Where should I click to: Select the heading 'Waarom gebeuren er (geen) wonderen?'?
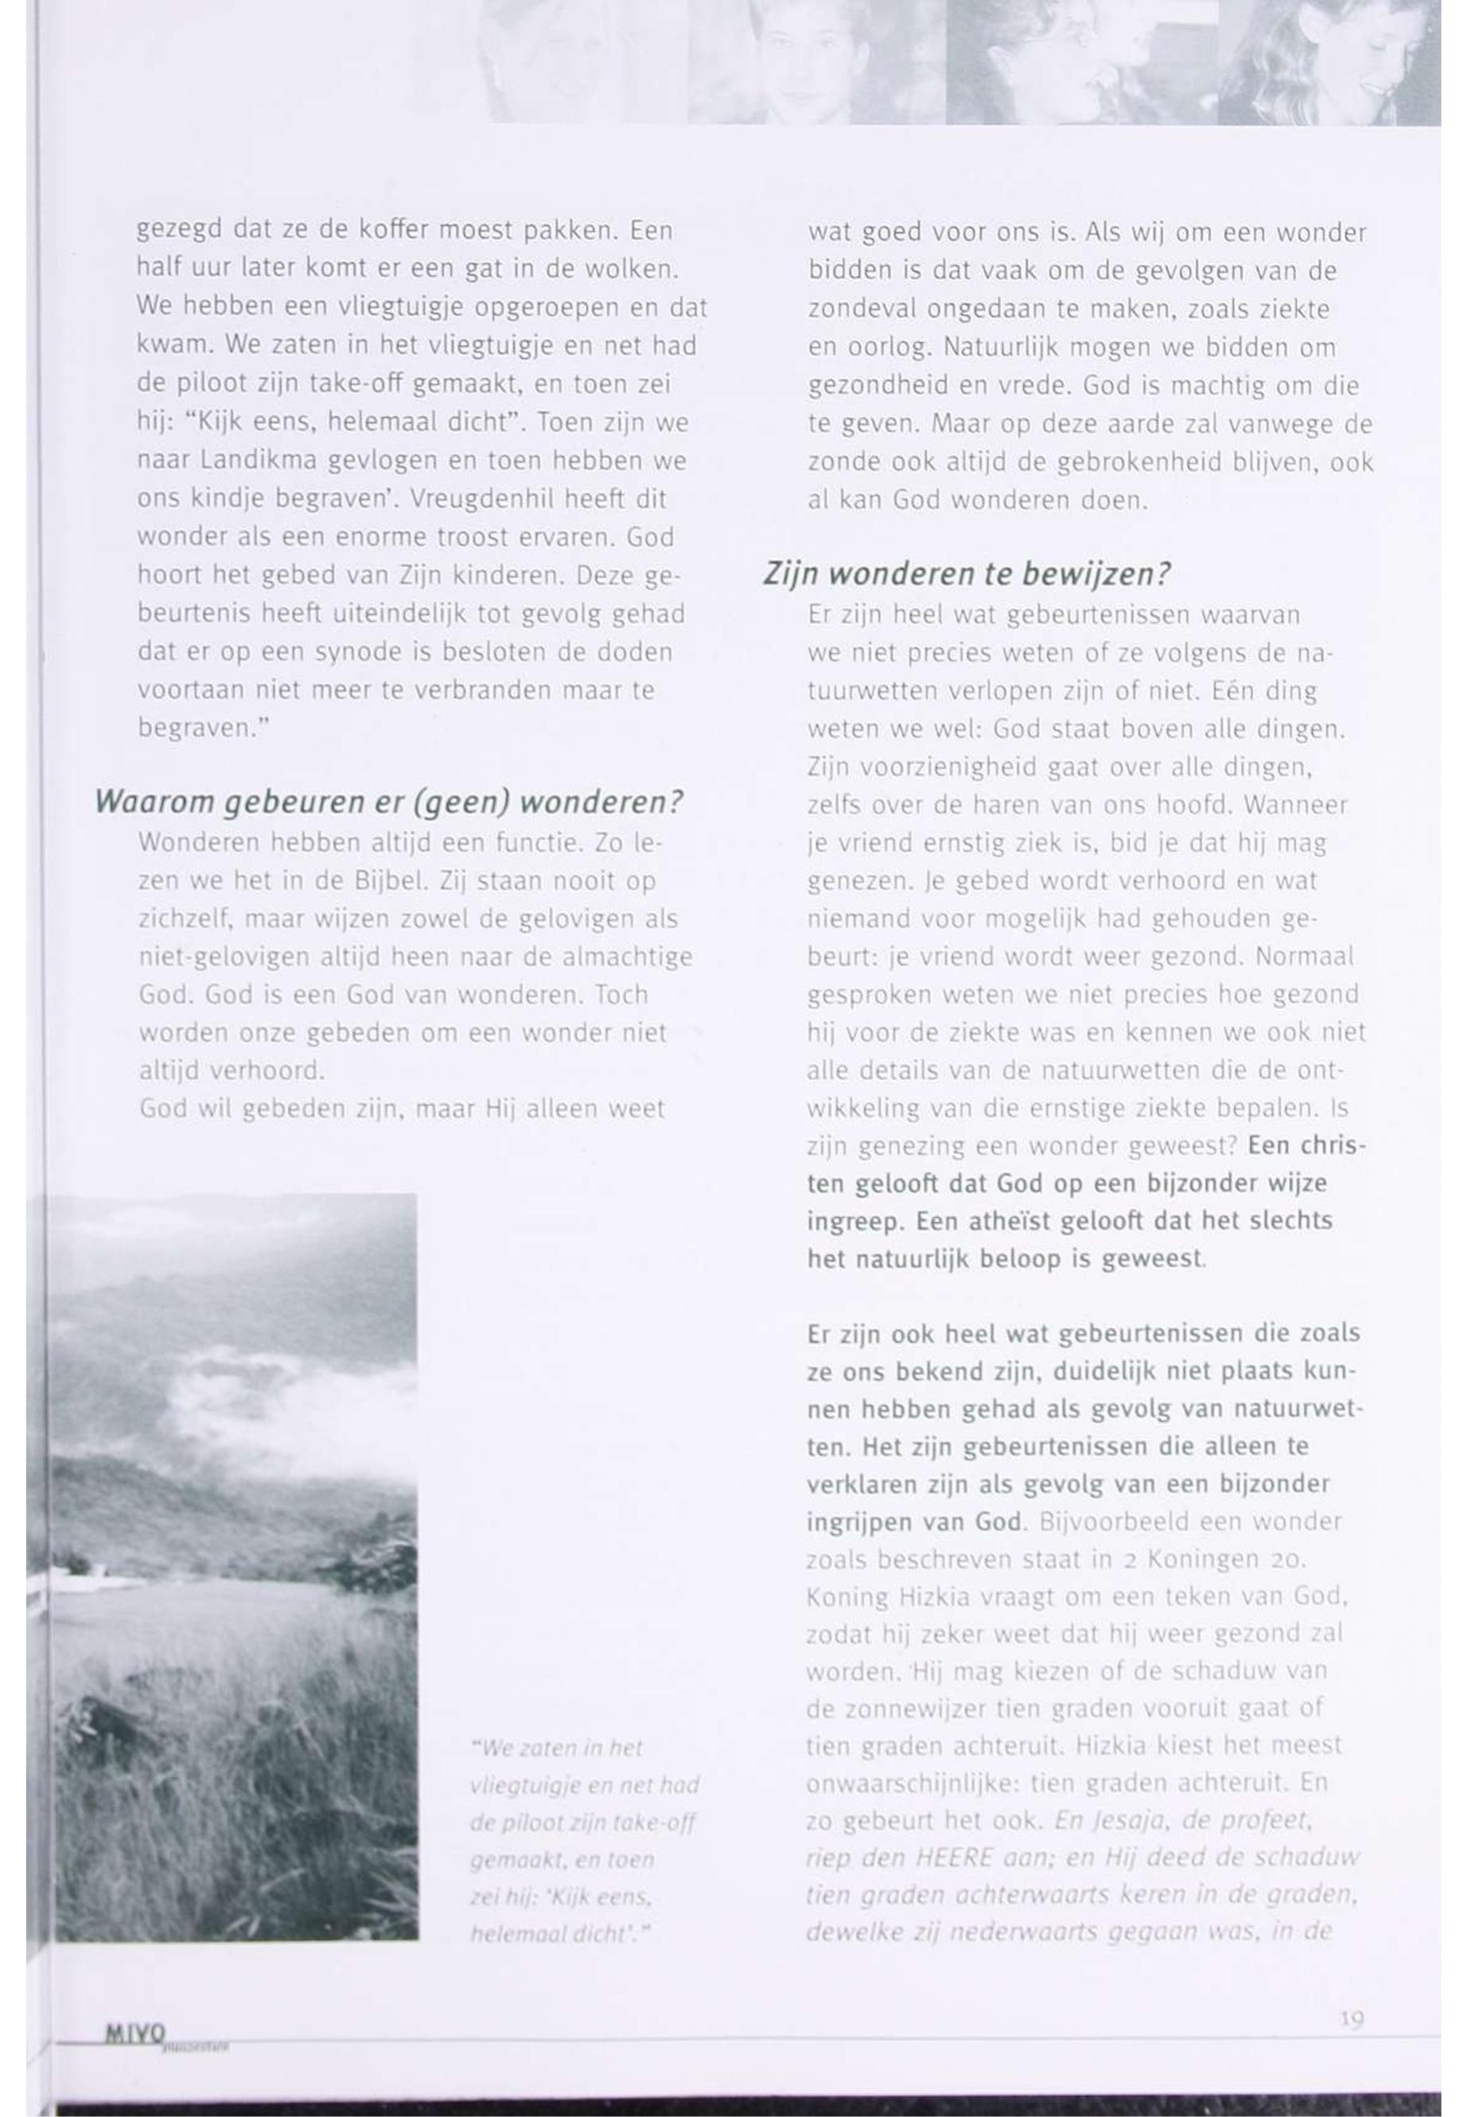[x=389, y=802]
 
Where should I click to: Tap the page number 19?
[x=1351, y=2018]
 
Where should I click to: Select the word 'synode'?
[x=355, y=653]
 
